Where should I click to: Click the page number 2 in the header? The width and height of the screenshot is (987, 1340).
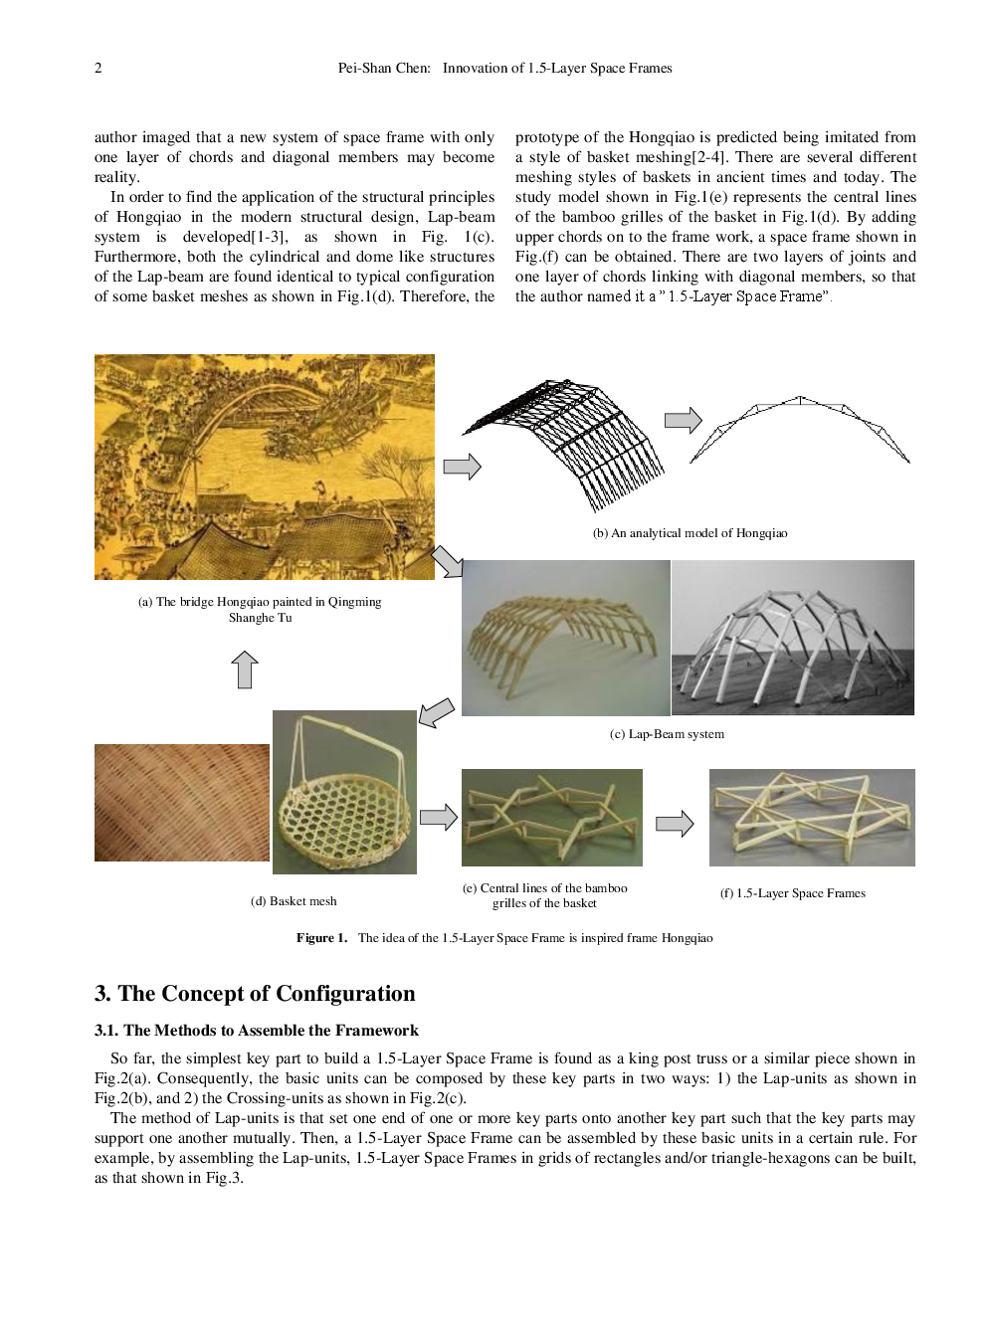[x=98, y=68]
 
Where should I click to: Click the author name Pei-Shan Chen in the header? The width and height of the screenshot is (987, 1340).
[x=383, y=68]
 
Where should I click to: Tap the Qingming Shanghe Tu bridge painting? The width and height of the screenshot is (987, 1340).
[x=264, y=467]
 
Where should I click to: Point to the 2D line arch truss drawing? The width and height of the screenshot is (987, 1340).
[x=799, y=428]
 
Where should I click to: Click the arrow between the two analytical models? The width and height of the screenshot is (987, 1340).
[x=683, y=421]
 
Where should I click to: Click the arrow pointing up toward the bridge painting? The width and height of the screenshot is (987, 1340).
[x=245, y=670]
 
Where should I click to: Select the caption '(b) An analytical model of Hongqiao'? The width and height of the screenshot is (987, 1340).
[x=690, y=533]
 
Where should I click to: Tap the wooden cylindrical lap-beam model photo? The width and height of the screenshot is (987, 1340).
[x=565, y=638]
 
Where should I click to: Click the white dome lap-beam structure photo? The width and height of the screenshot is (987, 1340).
[x=792, y=638]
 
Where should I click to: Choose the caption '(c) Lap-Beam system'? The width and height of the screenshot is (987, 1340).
[x=667, y=734]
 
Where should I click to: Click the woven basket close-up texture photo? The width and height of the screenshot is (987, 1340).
[x=181, y=803]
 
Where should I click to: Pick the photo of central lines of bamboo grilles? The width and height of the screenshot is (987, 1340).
[x=551, y=817]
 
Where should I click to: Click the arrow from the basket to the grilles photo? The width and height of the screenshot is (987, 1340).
[x=438, y=818]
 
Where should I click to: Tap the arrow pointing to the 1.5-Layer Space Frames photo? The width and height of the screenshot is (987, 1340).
[x=675, y=824]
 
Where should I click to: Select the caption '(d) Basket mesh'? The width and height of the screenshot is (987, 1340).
[x=294, y=901]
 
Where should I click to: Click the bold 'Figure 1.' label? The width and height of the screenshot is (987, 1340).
[x=321, y=938]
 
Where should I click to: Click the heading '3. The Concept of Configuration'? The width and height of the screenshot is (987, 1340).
[x=255, y=994]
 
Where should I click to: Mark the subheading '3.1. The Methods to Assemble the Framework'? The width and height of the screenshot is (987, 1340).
[x=256, y=1031]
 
